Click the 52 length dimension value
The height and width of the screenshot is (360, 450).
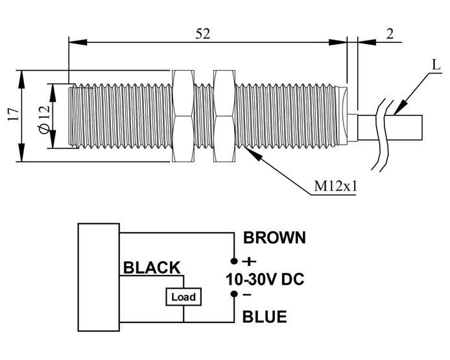pos(203,34)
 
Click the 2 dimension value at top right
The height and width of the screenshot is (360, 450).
pos(390,34)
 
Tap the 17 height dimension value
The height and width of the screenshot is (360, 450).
pos(13,115)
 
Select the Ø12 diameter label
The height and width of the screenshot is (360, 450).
pos(44,119)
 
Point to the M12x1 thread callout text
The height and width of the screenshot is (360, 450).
pos(335,186)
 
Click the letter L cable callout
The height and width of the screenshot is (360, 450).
pos(436,65)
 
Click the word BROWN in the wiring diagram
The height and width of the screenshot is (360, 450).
pos(275,237)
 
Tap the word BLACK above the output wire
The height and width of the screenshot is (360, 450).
pos(152,267)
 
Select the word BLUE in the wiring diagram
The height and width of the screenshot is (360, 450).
pos(265,317)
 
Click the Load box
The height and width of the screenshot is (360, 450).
pos(184,296)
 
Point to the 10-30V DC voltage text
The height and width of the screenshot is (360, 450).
pos(265,279)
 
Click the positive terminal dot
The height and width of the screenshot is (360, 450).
pos(234,261)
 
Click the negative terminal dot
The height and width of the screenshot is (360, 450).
pos(234,294)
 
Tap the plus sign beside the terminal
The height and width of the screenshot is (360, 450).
pos(250,261)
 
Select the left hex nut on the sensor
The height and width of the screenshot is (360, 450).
pos(183,115)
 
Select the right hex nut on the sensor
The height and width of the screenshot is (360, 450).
pos(224,115)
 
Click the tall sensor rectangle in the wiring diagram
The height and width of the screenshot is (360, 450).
pos(99,277)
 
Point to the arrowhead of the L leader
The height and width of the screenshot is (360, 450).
pos(401,107)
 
